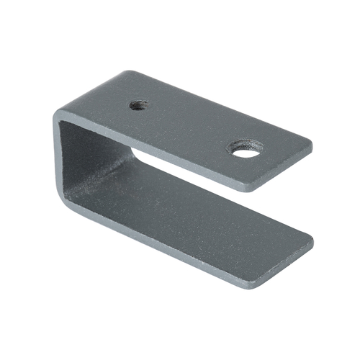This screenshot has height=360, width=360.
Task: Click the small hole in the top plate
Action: (139, 105)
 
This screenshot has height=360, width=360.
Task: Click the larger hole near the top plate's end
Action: (245, 149)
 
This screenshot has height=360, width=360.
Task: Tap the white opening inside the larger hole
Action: (246, 152)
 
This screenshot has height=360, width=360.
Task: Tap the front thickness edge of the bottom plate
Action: (180, 249)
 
